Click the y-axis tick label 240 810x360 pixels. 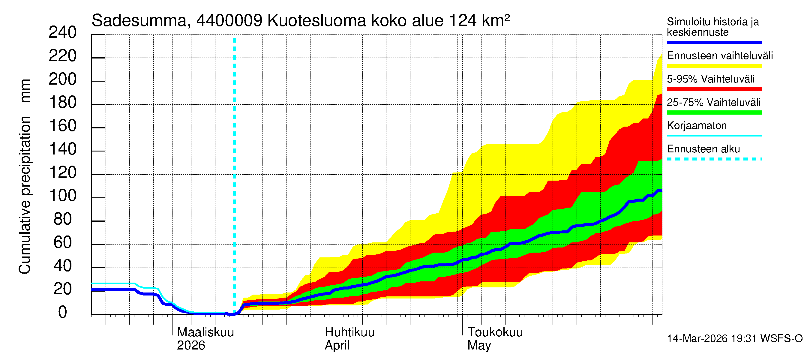tap(63, 33)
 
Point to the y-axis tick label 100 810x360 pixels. tap(63, 196)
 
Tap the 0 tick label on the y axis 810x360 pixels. tap(63, 313)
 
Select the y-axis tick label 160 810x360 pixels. tap(63, 126)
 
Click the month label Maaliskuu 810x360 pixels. tap(205, 332)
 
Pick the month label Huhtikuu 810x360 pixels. tap(349, 332)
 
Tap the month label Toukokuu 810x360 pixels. tap(495, 332)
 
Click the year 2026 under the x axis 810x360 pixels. tap(191, 346)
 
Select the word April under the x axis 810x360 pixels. tap(337, 346)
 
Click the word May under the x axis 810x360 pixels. tap(479, 346)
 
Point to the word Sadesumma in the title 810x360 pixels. tap(139, 21)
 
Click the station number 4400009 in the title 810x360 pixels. tap(229, 21)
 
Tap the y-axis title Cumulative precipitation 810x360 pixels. tap(25, 195)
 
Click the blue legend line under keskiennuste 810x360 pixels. tap(714, 42)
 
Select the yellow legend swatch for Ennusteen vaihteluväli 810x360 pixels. tap(714, 66)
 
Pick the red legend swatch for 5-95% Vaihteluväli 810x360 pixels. tap(714, 89)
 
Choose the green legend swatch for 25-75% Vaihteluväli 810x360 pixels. tap(714, 112)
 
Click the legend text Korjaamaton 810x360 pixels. tap(697, 126)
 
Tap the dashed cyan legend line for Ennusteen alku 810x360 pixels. tap(714, 159)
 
